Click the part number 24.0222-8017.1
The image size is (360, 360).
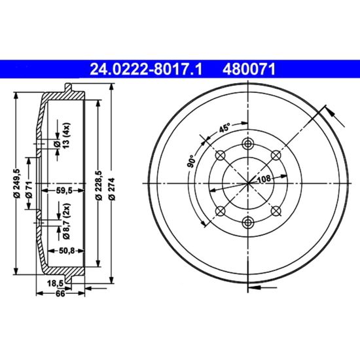click(x=146, y=69)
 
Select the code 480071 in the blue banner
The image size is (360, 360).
click(x=249, y=69)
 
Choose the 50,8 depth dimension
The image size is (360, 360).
click(x=67, y=251)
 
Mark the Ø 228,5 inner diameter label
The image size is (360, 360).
click(x=99, y=185)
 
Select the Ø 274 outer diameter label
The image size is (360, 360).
click(x=113, y=189)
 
